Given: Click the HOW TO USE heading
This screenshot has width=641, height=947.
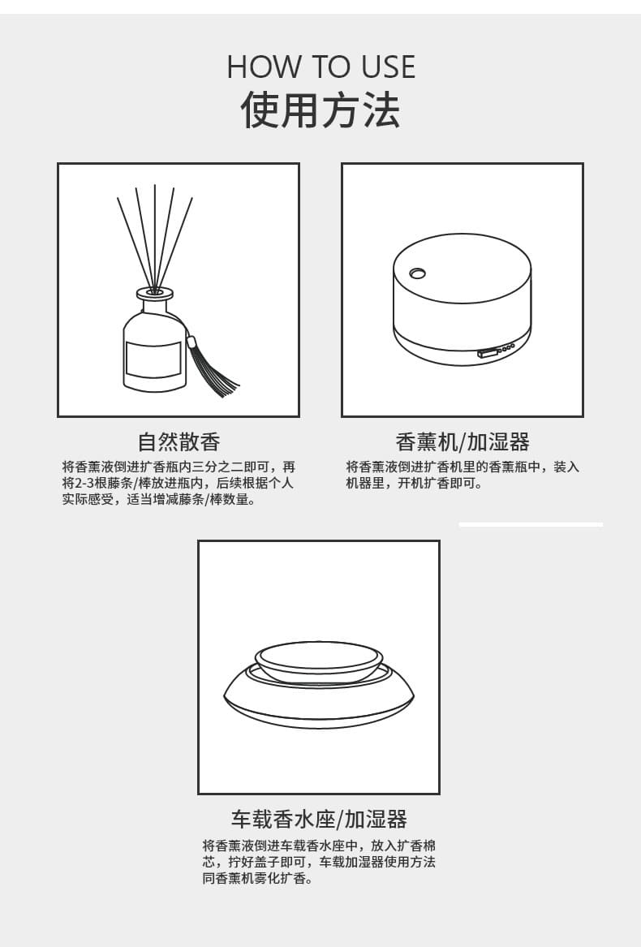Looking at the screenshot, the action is coord(320,67).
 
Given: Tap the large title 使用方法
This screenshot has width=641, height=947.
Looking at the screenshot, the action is coord(320,110).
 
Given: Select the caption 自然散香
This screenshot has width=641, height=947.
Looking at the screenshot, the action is coord(179,441).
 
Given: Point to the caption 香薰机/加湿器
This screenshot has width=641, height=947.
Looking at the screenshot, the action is coord(462,441).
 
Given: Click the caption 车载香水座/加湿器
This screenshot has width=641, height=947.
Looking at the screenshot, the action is coord(319,819).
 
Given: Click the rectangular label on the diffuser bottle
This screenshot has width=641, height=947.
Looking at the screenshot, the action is coord(153,359).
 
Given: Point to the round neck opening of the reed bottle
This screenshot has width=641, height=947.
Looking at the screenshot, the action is coord(155,294).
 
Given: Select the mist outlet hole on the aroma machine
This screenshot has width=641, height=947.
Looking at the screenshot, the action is coord(418,273).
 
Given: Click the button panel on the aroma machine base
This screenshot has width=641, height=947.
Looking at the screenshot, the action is coord(496,351).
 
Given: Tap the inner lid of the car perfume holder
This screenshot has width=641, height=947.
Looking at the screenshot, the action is coord(318,659).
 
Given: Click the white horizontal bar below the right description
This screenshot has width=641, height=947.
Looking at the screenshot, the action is coord(531,525).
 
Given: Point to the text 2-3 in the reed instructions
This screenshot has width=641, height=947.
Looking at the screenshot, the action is coord(87,483).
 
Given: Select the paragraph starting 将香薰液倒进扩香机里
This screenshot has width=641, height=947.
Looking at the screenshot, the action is coord(462,475).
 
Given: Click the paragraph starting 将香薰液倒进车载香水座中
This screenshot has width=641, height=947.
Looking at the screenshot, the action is coord(319,862).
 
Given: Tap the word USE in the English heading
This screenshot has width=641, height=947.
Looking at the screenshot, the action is coord(388,67).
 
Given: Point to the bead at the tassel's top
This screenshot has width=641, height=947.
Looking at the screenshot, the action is coord(193,342).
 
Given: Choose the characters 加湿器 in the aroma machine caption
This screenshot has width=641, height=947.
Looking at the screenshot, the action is coord(498,441).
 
